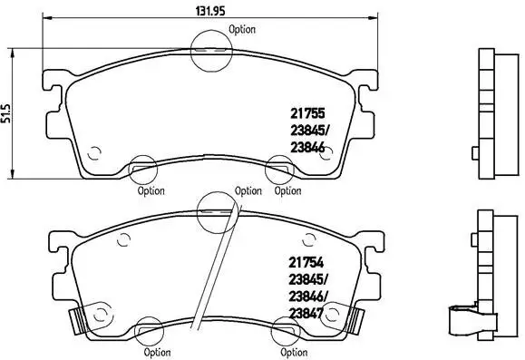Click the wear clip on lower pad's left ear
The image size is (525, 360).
(80, 320)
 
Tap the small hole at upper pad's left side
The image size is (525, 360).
(99, 151)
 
